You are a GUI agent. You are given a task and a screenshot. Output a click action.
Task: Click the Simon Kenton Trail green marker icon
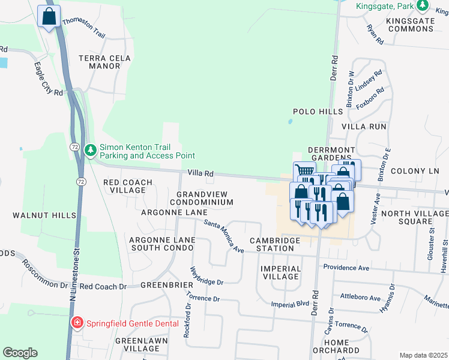(x=91, y=149)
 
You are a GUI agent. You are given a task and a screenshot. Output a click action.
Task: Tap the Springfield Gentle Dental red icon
(x=76, y=323)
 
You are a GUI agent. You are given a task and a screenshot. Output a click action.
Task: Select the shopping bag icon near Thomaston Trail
(x=49, y=17)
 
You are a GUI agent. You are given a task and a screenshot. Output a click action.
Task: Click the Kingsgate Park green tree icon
(x=424, y=5)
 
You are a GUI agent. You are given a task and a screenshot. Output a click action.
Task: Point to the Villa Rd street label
(x=201, y=173)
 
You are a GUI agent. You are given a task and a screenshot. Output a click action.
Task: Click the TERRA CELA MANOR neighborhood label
(x=100, y=62)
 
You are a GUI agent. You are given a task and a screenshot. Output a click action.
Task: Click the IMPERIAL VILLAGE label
(x=280, y=272)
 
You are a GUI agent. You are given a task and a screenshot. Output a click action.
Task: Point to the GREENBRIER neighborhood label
(x=166, y=284)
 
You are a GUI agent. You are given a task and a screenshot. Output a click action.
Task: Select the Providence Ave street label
(x=346, y=266)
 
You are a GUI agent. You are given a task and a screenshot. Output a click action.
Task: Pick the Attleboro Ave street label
(x=360, y=298)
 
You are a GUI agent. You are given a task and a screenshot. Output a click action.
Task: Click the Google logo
(x=20, y=353)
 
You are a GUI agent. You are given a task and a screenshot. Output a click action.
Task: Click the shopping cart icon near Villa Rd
(x=304, y=172)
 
